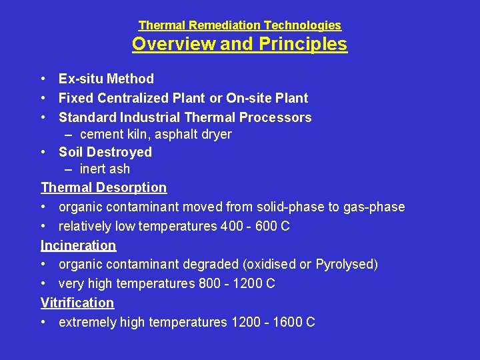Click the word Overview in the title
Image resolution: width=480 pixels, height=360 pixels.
[x=174, y=44]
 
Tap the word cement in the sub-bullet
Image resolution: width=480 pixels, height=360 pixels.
[x=100, y=135]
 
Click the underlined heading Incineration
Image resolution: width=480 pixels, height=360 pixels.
[x=78, y=245]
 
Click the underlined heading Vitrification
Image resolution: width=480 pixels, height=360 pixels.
[x=77, y=303]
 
